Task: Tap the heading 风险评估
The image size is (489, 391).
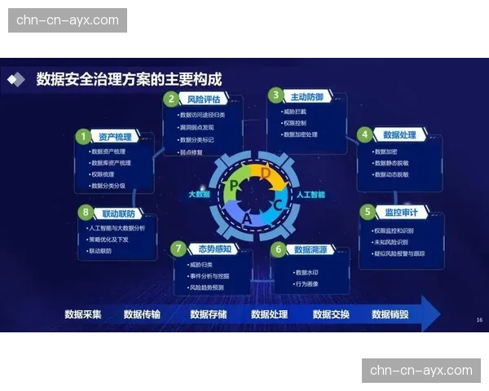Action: click(203, 99)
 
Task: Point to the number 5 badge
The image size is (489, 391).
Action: click(368, 212)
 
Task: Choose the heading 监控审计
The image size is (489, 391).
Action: click(401, 213)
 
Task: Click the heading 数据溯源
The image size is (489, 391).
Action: click(311, 249)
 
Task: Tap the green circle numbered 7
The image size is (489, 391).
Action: click(178, 248)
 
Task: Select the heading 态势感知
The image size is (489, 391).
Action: click(210, 248)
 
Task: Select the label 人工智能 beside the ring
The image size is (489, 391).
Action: click(311, 195)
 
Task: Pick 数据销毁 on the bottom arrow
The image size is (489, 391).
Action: click(390, 314)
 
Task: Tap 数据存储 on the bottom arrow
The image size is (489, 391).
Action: click(209, 314)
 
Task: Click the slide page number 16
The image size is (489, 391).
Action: click(479, 320)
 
